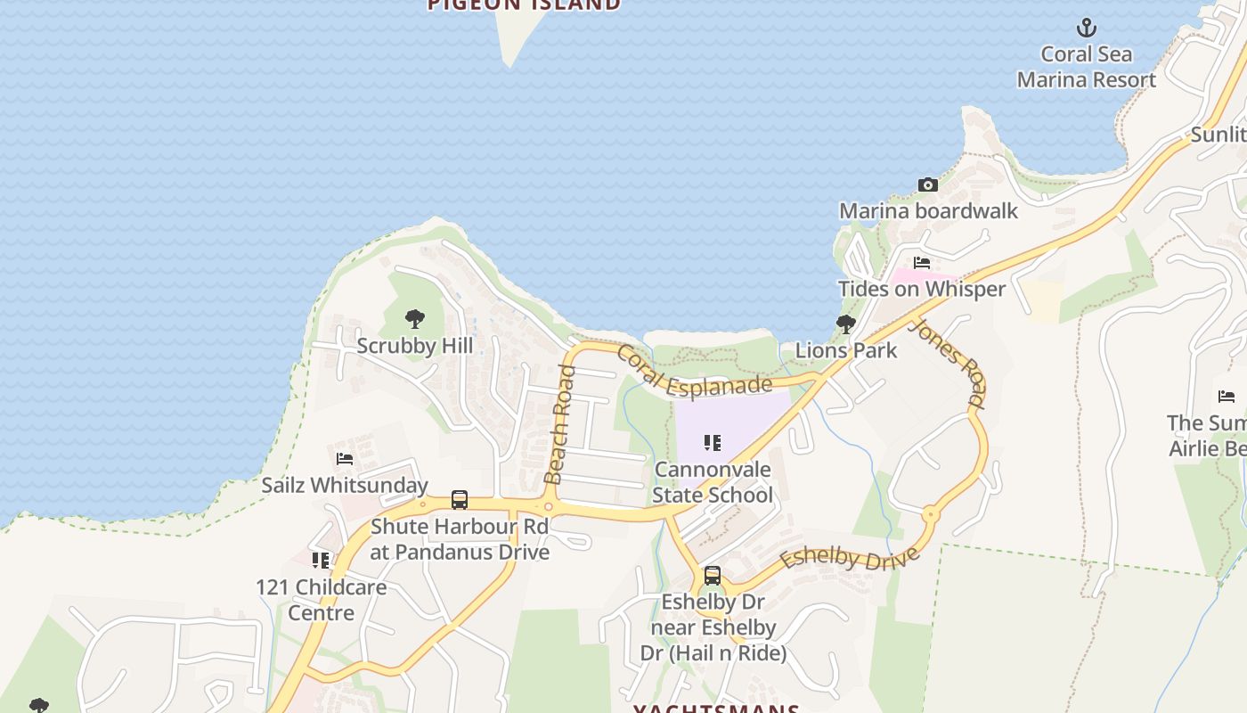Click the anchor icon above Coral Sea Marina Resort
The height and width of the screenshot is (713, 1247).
pyautogui.click(x=1086, y=28)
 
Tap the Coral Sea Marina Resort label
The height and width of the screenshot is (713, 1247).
pyautogui.click(x=1086, y=67)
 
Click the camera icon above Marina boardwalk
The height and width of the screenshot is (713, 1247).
pyautogui.click(x=928, y=185)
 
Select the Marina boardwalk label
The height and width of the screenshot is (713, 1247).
pyautogui.click(x=928, y=211)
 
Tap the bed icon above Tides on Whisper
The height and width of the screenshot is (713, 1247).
pyautogui.click(x=922, y=263)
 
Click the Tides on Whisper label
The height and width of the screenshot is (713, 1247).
pyautogui.click(x=922, y=289)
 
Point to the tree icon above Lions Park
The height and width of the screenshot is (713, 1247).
pyautogui.click(x=846, y=324)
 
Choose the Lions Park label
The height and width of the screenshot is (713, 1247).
pyautogui.click(x=846, y=350)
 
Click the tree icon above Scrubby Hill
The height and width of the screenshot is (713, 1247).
pyautogui.click(x=414, y=319)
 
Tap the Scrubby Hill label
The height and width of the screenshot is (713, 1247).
pyautogui.click(x=414, y=345)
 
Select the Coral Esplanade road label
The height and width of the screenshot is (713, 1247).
pyautogui.click(x=693, y=373)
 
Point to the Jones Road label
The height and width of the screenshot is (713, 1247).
pyautogui.click(x=947, y=363)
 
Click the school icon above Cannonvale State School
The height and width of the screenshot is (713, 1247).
pyautogui.click(x=712, y=443)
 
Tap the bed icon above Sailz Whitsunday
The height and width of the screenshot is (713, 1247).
pyautogui.click(x=345, y=459)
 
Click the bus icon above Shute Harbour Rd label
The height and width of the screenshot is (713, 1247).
pyautogui.click(x=460, y=500)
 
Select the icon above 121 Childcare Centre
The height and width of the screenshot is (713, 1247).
pyautogui.click(x=321, y=561)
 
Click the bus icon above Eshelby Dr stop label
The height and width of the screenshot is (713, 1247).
pyautogui.click(x=713, y=576)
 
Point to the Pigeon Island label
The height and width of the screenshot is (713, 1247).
pyautogui.click(x=524, y=5)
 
